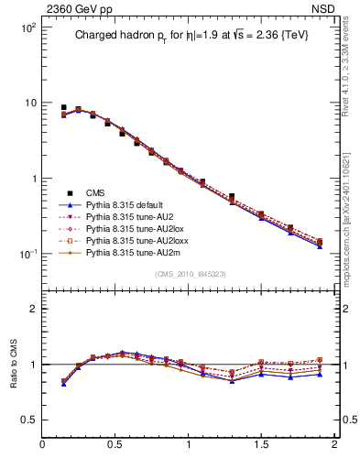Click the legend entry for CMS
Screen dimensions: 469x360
[95, 192]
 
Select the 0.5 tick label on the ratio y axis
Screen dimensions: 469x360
[28, 419]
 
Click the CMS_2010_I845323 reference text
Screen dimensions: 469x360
[189, 272]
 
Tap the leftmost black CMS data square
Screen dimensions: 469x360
[63, 107]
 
